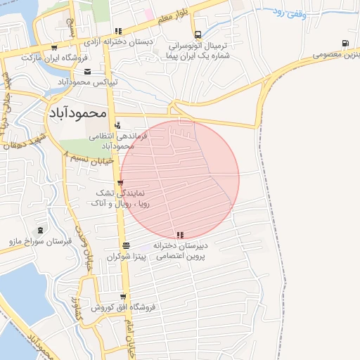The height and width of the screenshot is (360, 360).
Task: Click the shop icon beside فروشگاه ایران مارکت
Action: coord(54,47)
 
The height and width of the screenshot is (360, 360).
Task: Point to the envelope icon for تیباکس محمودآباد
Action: coord(87,71)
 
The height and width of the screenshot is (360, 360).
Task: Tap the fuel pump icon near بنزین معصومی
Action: coord(345,43)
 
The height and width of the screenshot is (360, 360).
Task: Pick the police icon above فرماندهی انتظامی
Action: coord(117,124)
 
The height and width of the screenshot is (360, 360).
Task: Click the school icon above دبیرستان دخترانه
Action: coord(181,235)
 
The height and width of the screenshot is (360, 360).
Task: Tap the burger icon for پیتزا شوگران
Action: coord(125,246)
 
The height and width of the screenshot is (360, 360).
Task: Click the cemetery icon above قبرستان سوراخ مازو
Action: coord(40,230)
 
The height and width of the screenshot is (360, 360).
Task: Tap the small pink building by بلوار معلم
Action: coord(148,14)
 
